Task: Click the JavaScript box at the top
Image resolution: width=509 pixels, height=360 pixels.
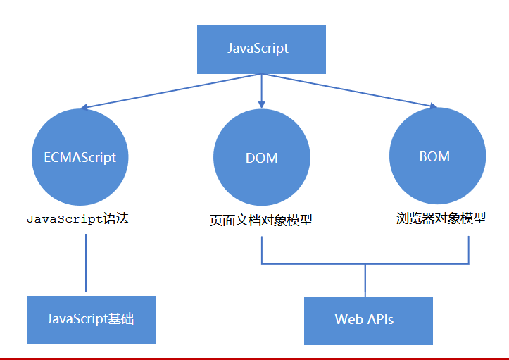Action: (x=261, y=49)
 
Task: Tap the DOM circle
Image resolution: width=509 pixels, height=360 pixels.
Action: (x=262, y=157)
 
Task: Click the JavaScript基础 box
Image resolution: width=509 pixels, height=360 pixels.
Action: (x=92, y=319)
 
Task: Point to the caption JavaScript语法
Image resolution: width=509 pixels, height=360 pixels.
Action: (x=78, y=219)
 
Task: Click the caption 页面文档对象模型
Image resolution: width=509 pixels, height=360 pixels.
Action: (x=261, y=221)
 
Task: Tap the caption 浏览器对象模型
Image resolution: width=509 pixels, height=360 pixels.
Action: (x=441, y=218)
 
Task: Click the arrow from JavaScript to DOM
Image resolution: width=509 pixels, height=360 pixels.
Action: (x=262, y=88)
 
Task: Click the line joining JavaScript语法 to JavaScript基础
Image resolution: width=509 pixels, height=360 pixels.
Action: (x=86, y=262)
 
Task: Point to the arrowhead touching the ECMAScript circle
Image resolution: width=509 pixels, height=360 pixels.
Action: (x=84, y=108)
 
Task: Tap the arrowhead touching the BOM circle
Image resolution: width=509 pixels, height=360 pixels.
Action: (x=433, y=106)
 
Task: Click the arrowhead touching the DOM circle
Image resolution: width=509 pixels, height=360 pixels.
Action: (x=262, y=104)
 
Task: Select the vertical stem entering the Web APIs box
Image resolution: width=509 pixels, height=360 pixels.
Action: (x=365, y=280)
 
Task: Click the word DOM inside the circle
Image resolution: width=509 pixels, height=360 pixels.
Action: (x=262, y=158)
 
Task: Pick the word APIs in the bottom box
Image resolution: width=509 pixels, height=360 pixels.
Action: (x=381, y=320)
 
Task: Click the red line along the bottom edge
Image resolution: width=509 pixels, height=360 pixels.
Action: (x=254, y=358)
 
